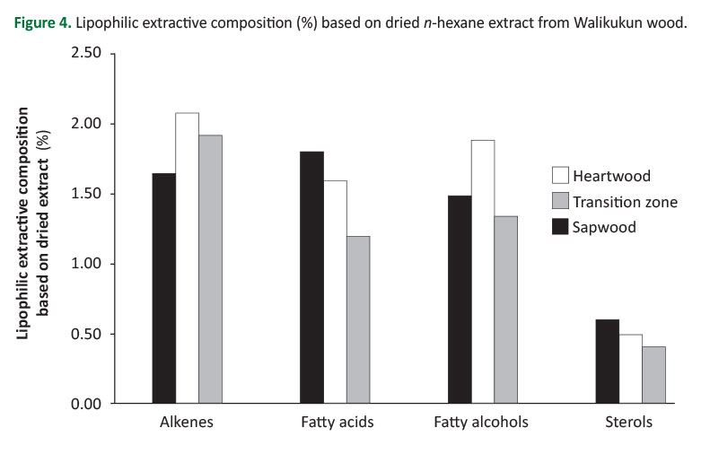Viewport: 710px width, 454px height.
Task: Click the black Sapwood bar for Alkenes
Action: [163, 288]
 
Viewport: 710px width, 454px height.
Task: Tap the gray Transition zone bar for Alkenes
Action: [210, 269]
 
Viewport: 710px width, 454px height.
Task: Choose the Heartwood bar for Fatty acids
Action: [335, 292]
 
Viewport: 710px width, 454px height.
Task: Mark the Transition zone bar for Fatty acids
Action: [358, 319]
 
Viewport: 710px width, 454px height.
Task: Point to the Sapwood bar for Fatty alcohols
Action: [460, 300]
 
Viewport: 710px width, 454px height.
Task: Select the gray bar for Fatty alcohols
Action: [506, 310]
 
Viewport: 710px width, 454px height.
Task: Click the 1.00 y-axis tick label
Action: [85, 264]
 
